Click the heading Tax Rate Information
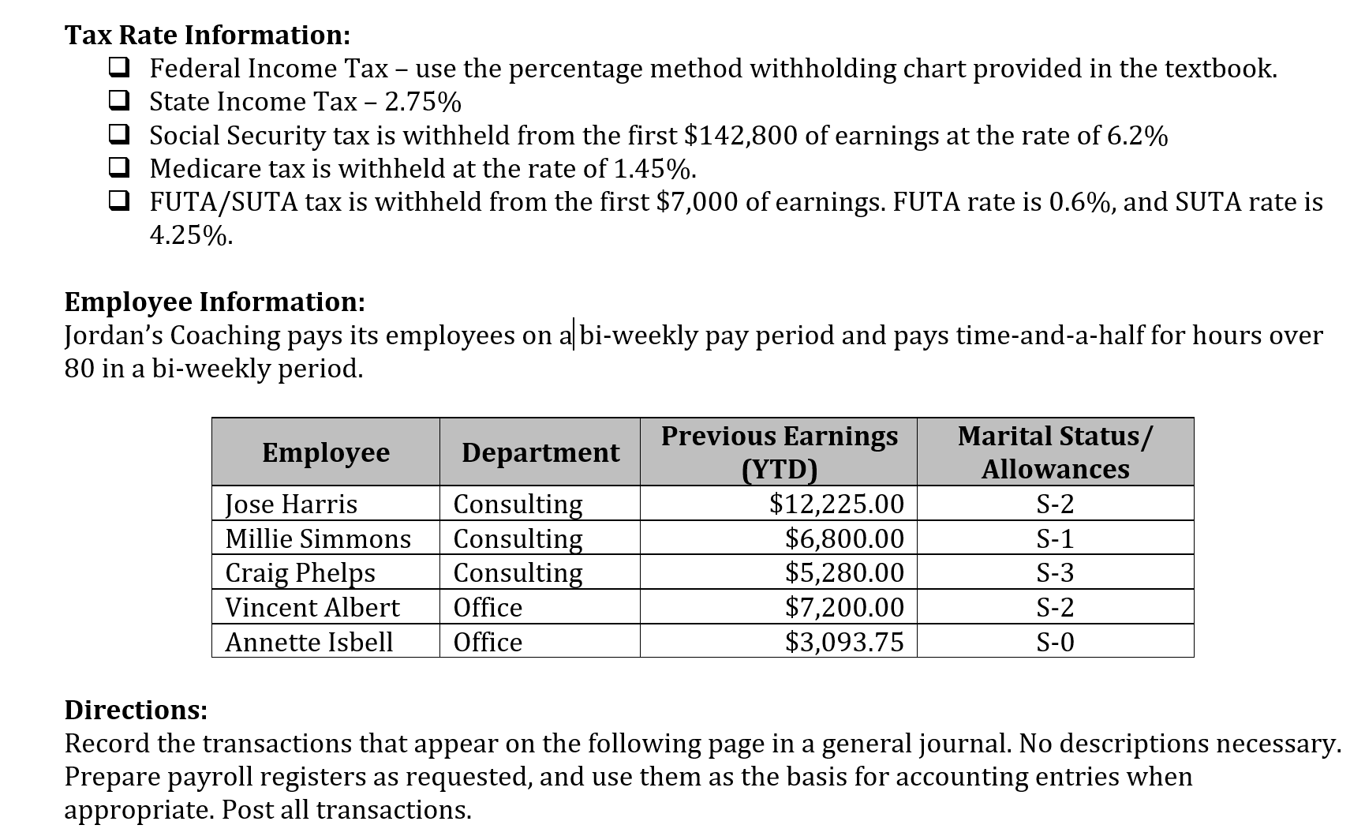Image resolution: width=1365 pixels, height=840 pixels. coord(207,35)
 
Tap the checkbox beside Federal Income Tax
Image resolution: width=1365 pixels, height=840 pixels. coord(120,68)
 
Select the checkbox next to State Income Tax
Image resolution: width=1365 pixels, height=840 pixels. coord(120,101)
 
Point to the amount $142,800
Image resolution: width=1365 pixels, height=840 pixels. coord(740,136)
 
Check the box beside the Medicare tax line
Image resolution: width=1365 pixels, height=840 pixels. coord(120,168)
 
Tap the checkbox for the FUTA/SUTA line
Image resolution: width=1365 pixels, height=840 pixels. coord(120,201)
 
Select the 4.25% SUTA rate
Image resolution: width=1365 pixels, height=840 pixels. coord(190,235)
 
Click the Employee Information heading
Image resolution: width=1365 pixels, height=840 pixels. coord(215,302)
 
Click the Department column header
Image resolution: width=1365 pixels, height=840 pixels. coord(540,452)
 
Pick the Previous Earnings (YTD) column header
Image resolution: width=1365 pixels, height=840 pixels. coord(779,452)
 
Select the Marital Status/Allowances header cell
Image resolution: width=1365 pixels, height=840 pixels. coord(1055,452)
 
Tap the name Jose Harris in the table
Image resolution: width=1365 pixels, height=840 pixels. coord(291,504)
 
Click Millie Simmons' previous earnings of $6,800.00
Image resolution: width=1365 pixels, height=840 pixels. coord(844,538)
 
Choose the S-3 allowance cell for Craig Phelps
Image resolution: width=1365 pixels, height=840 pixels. coord(1055,572)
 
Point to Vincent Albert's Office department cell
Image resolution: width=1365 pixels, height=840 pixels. coord(488,607)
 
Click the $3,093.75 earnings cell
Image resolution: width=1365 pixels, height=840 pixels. coord(844,642)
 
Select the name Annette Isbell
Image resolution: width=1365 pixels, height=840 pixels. coord(309,642)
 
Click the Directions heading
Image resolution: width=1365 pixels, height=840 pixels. coord(136,710)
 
